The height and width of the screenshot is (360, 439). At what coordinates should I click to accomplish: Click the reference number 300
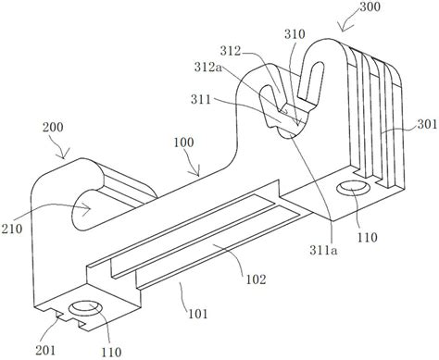click(370, 6)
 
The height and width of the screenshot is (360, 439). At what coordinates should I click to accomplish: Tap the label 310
click(295, 34)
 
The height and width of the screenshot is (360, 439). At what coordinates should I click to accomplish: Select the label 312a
click(208, 67)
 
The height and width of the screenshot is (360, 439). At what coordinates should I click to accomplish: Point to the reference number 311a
click(323, 251)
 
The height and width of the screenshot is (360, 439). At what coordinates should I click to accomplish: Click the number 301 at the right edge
click(428, 124)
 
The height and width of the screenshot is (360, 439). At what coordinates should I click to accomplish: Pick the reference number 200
click(53, 127)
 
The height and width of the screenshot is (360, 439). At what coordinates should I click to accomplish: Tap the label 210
click(12, 229)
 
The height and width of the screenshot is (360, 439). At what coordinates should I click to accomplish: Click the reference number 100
click(183, 143)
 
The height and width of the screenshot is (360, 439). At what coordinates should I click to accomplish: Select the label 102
click(256, 279)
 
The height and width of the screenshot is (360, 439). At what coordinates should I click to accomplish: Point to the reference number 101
click(197, 315)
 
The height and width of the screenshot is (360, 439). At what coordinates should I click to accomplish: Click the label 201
click(45, 350)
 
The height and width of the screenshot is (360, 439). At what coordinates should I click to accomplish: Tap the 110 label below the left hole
click(111, 352)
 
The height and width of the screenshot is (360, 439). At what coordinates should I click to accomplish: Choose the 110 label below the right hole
click(368, 238)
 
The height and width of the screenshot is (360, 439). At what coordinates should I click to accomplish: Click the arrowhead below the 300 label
click(343, 29)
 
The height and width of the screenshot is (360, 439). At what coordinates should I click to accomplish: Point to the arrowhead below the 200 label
click(64, 155)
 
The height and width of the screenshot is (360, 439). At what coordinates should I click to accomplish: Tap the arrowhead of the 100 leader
click(198, 173)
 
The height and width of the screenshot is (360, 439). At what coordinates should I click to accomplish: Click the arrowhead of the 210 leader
click(88, 208)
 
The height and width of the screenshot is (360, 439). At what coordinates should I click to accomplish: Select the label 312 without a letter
click(231, 51)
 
